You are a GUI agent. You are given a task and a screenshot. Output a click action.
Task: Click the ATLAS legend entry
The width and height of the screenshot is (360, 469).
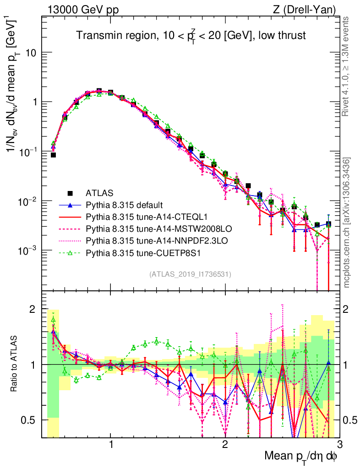click(101, 193)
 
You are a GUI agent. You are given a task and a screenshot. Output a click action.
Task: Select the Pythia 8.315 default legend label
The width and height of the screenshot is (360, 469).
click(124, 205)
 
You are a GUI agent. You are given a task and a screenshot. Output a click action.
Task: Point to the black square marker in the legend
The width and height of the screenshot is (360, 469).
click(70, 193)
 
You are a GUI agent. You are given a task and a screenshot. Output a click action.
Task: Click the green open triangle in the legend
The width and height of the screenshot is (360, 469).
click(70, 252)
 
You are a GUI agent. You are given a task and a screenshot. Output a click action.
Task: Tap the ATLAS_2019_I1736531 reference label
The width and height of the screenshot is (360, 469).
click(190, 274)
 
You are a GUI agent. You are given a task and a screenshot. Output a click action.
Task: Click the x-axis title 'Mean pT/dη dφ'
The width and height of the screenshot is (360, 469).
click(301, 456)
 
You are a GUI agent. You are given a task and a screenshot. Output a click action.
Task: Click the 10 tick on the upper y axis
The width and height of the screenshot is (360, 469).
click(32, 53)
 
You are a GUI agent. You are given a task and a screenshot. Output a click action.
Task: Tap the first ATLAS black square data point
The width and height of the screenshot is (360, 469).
click(53, 155)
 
